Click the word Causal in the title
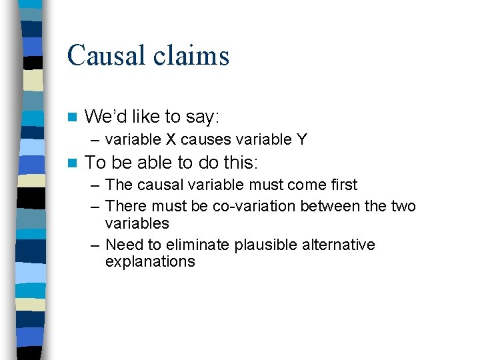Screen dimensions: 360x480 coord(107,55)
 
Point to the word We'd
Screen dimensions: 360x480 coord(105,117)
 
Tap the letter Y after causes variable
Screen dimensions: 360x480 coord(302,139)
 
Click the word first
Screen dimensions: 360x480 coord(341,185)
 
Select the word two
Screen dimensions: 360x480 coord(403,206)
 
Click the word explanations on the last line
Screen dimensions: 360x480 coord(150,261)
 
